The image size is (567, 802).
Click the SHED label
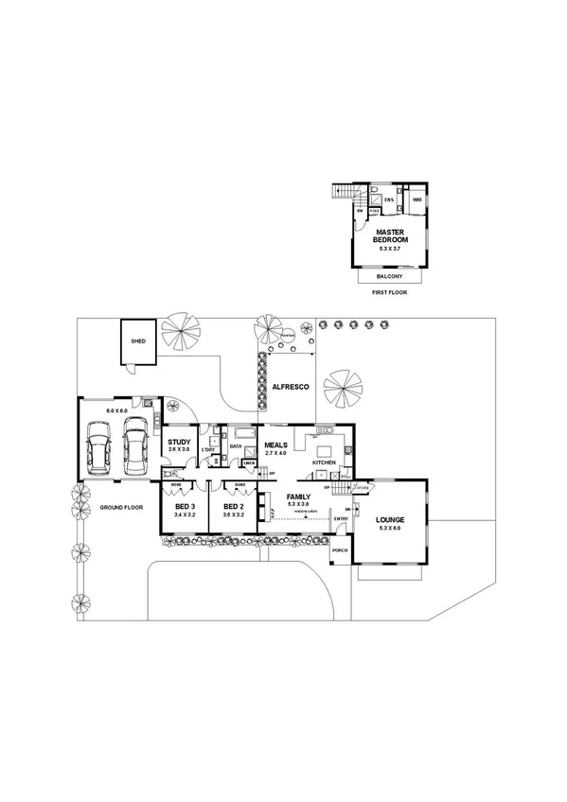coord(138,340)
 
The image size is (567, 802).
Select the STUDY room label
coord(179,441)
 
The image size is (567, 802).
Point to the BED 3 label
coord(185,506)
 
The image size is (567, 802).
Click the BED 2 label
coord(234,506)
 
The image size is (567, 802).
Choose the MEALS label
coord(275,445)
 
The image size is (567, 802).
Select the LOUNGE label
coord(390,519)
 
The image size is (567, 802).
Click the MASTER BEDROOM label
coord(390,235)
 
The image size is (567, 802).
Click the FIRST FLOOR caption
coord(389,295)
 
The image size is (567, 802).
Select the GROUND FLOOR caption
coord(121,508)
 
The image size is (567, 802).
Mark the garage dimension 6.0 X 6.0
coord(116,410)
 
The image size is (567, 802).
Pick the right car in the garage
coord(134,452)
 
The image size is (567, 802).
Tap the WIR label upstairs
coord(416,200)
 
